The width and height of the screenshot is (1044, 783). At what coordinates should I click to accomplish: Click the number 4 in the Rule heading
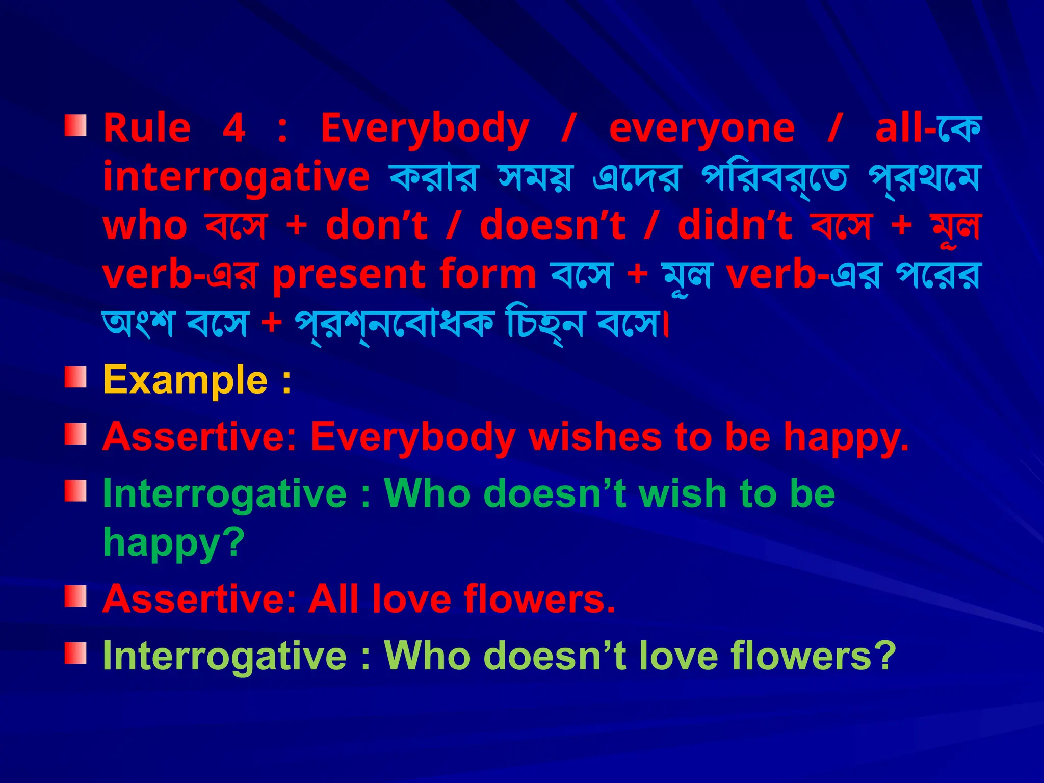(234, 128)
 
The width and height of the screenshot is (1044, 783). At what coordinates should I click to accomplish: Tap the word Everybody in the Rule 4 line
(425, 129)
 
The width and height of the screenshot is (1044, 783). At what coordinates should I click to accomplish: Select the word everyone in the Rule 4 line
(702, 129)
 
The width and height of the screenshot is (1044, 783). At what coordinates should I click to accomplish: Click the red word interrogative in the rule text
(236, 177)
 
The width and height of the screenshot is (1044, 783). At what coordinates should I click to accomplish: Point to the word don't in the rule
(376, 226)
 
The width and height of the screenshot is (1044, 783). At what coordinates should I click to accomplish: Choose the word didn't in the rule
(735, 226)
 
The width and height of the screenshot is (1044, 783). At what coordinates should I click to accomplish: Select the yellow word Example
(185, 380)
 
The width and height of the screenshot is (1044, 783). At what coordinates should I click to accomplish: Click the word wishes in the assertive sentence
(594, 437)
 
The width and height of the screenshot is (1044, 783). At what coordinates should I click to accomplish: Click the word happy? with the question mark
(174, 542)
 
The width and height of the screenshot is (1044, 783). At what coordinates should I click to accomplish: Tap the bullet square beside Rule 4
(75, 125)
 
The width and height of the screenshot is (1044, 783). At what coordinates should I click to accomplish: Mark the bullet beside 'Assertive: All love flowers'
(75, 596)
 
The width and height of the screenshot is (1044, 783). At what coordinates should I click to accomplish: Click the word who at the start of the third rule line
(145, 226)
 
